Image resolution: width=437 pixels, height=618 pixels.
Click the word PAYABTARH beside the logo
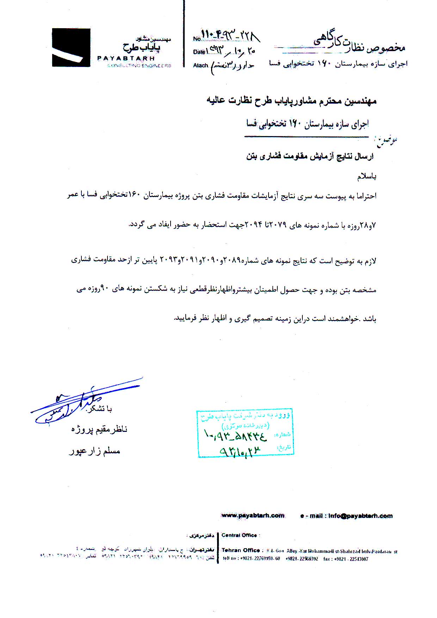[125, 59]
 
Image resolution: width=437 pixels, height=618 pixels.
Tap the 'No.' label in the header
[197, 39]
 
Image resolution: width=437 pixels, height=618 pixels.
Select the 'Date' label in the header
[199, 52]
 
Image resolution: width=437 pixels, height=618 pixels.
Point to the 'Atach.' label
[201, 65]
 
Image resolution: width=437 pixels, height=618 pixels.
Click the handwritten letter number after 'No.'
[231, 36]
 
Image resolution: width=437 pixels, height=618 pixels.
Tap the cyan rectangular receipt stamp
[245, 433]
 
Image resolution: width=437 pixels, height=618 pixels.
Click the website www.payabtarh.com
[253, 515]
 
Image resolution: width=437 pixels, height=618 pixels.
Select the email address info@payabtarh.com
[360, 516]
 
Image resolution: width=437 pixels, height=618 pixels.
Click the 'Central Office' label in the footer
[239, 535]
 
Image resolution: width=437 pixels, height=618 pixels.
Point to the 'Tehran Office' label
[241, 550]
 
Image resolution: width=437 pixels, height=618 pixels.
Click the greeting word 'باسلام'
[367, 177]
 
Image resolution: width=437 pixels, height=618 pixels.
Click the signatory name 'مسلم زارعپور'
[94, 451]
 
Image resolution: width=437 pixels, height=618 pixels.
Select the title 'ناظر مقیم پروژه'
[99, 429]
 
